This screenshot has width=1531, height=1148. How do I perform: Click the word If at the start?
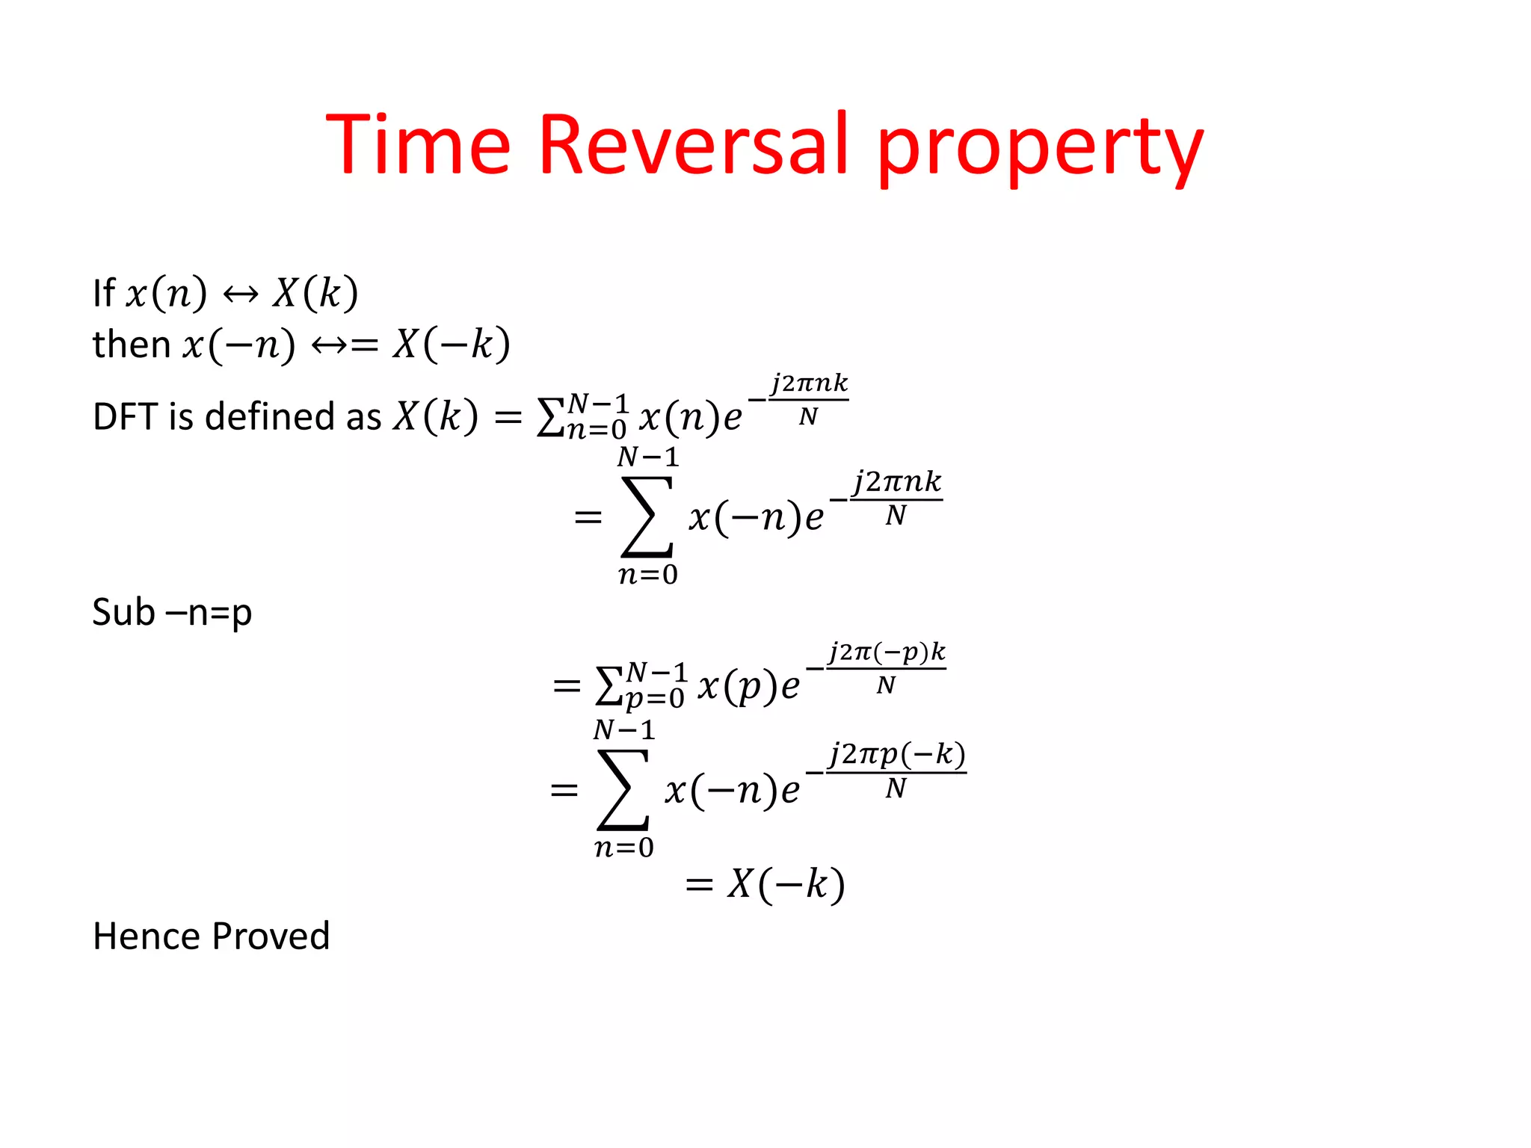click(103, 293)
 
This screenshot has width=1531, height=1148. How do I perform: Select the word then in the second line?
click(132, 345)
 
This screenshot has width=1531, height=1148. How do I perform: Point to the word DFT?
click(125, 416)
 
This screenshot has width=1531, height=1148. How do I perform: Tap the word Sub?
click(123, 612)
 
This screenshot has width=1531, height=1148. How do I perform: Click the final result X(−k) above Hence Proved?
click(786, 884)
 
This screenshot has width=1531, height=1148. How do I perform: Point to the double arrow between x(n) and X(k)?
click(241, 294)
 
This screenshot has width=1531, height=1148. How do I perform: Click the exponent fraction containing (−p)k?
click(886, 667)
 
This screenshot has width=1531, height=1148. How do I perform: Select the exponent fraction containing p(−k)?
click(896, 770)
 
